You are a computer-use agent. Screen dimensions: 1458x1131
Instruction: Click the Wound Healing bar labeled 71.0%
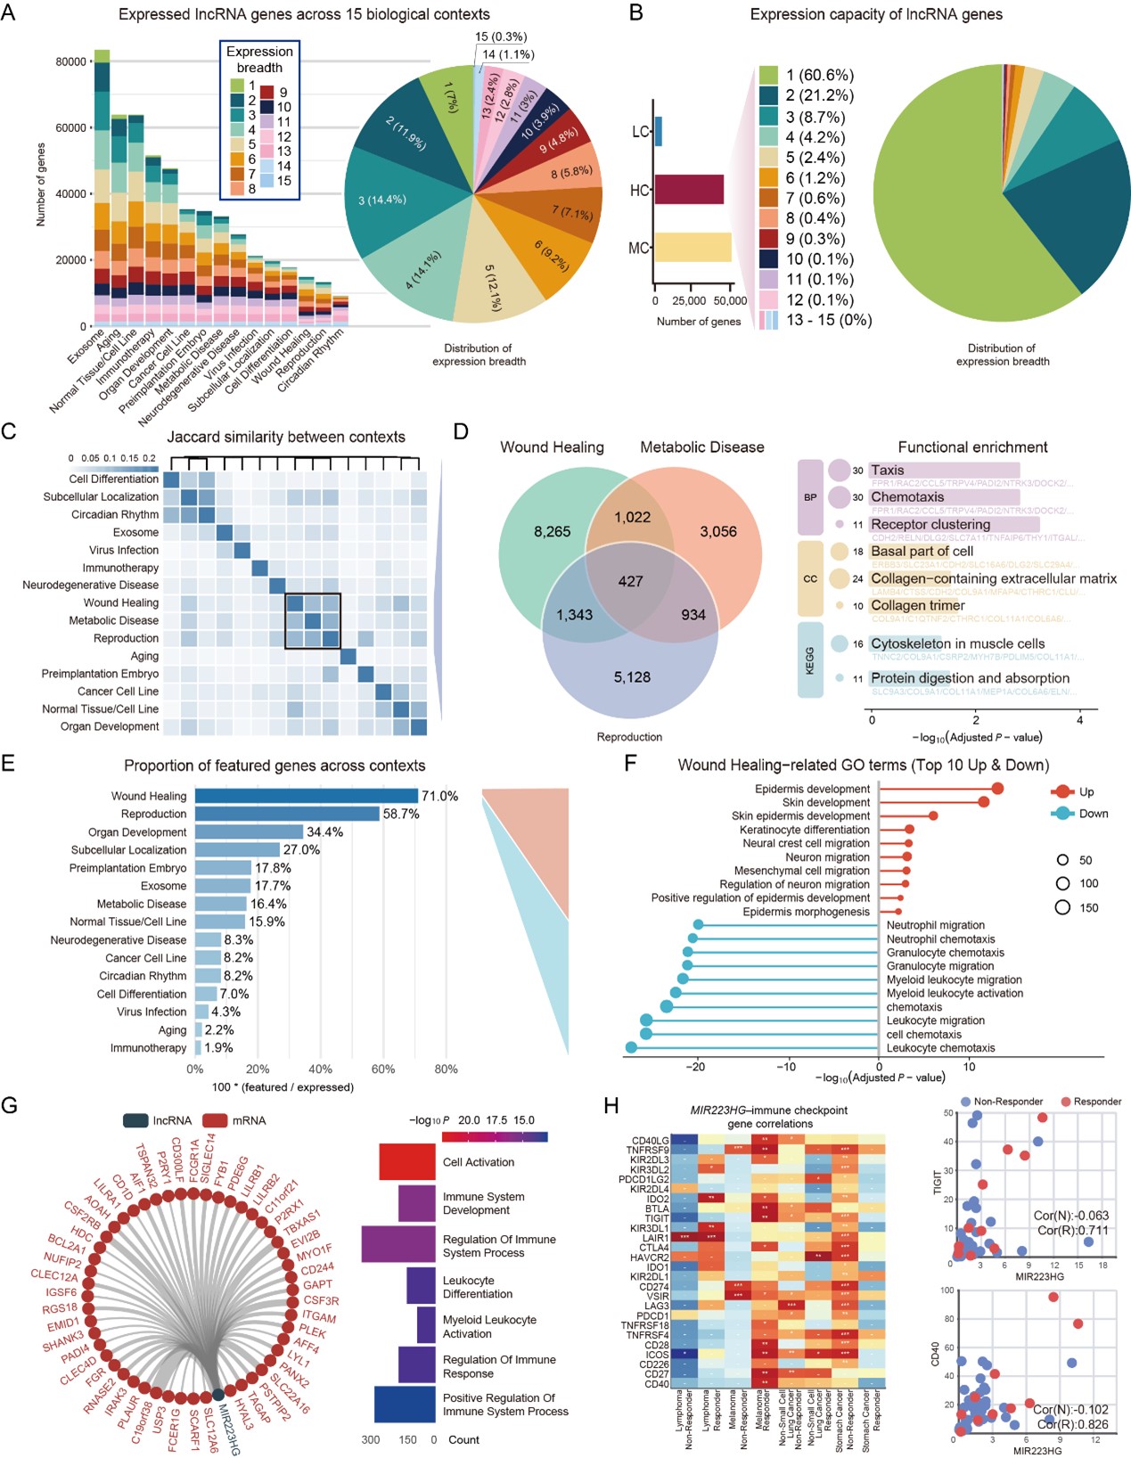[306, 796]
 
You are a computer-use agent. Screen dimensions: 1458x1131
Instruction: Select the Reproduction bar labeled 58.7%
[287, 814]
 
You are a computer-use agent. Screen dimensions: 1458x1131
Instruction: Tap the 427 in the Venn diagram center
[630, 581]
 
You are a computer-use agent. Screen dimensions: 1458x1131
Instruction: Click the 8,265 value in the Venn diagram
[552, 532]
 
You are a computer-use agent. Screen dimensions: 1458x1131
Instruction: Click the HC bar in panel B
[689, 190]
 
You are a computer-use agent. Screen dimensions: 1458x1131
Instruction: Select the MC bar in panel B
[693, 247]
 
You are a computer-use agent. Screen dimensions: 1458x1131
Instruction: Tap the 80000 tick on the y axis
[70, 61]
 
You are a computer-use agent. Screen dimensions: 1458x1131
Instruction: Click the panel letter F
[630, 764]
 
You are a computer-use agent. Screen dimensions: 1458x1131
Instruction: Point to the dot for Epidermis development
[997, 789]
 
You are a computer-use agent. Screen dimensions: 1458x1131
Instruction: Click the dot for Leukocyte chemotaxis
[631, 1048]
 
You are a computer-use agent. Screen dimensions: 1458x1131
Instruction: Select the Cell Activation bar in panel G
[406, 1162]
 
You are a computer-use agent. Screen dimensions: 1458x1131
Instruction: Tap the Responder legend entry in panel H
[1096, 1102]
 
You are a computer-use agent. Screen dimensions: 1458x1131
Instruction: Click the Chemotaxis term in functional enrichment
[907, 497]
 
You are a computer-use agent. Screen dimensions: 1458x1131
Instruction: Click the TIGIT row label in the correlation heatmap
[656, 1218]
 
